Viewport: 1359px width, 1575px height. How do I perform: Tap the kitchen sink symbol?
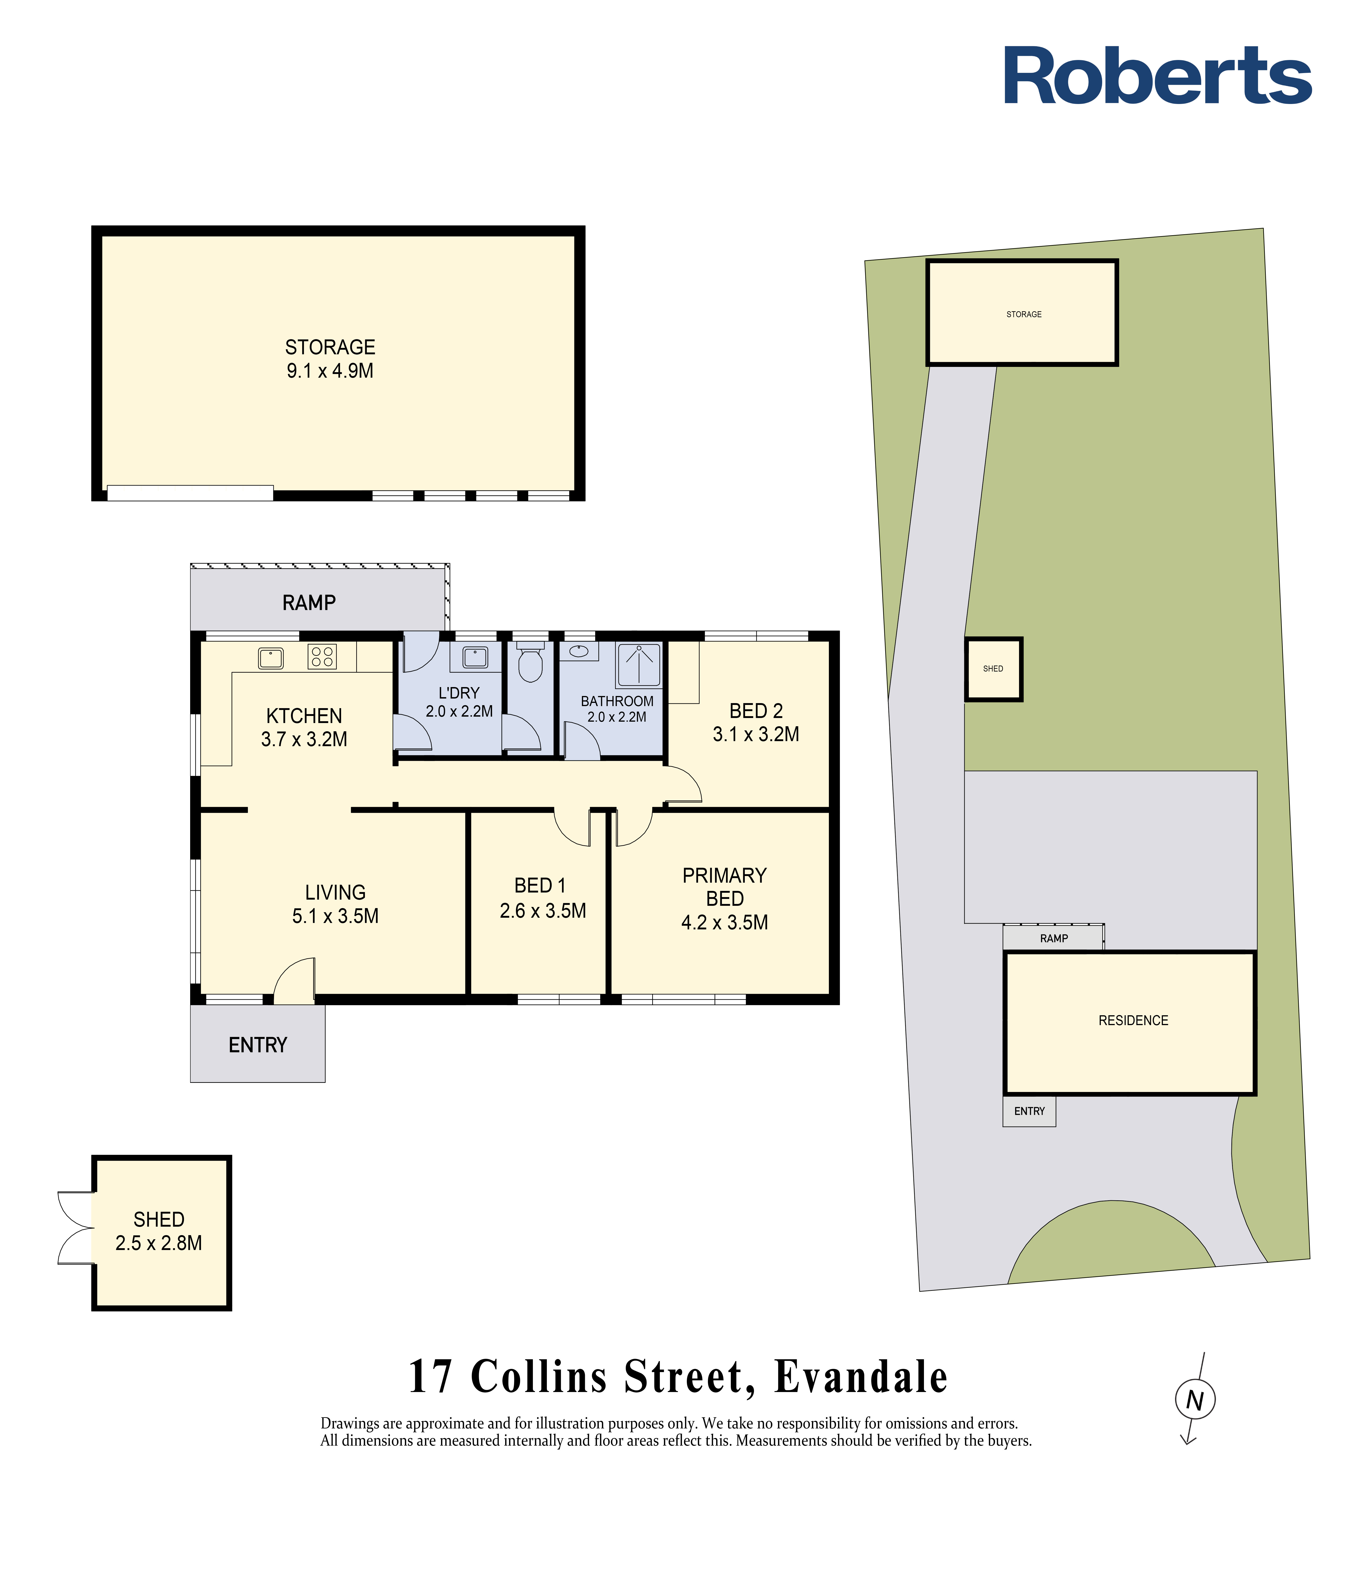pyautogui.click(x=271, y=658)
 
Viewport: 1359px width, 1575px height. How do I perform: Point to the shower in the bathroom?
pyautogui.click(x=639, y=665)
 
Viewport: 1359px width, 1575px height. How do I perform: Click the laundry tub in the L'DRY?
pyautogui.click(x=475, y=657)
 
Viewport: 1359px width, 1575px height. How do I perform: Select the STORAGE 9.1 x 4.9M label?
pyautogui.click(x=330, y=359)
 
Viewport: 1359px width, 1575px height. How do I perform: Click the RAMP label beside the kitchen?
pyautogui.click(x=309, y=603)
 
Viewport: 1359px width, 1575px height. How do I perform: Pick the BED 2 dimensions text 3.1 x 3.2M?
pyautogui.click(x=756, y=734)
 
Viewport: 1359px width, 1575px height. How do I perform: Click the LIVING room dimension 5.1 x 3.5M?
pyautogui.click(x=335, y=916)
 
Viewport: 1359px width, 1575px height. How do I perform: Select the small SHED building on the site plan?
pyautogui.click(x=993, y=669)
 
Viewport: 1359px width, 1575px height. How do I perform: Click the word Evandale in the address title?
pyautogui.click(x=861, y=1377)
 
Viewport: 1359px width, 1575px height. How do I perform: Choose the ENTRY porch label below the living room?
pyautogui.click(x=258, y=1045)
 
